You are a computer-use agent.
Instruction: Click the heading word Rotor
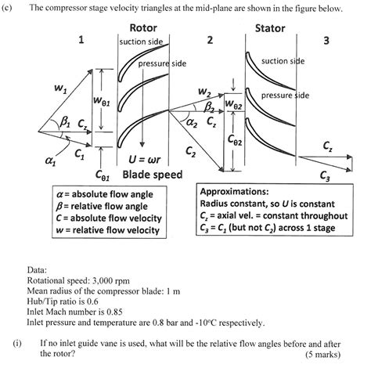[x=142, y=28]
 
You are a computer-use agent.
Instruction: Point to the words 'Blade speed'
[x=153, y=174]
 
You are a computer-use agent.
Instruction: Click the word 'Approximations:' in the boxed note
[x=234, y=191]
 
